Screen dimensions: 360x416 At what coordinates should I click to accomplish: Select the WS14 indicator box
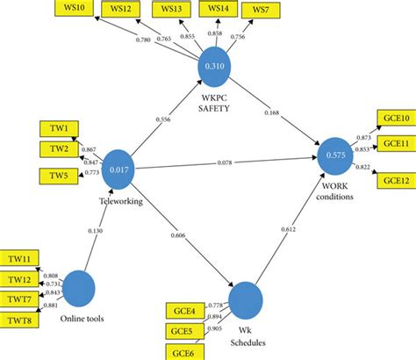pos(215,9)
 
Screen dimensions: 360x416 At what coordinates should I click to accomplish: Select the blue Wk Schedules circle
pos(247,300)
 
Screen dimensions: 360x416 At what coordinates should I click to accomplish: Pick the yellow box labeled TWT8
pos(23,320)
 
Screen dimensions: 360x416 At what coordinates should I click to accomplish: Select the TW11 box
pos(23,260)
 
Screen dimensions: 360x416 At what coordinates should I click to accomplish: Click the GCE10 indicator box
pos(394,119)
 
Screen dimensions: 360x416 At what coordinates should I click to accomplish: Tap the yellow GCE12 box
pos(394,181)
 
